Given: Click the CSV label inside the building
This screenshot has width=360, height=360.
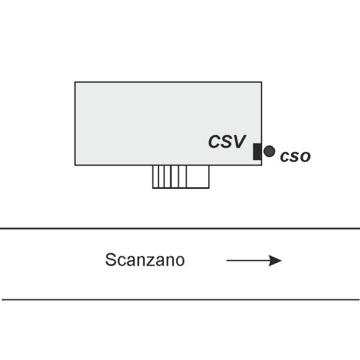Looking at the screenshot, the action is pos(227,142).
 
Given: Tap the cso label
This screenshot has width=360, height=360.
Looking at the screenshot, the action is pos(295,157).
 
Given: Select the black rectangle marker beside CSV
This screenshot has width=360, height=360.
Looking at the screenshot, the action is pos(257,152).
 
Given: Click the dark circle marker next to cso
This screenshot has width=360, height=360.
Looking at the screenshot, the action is pos(269,151).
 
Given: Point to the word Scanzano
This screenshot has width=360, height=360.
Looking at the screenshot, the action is pos(145,260).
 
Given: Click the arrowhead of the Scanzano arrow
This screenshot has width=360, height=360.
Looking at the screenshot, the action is pos(275,260).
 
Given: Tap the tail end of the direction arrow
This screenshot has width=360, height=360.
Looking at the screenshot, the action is pos(227,260).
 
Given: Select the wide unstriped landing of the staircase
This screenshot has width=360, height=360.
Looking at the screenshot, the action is pos(197,176).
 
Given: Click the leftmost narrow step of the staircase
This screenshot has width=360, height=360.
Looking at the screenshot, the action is pos(155,176).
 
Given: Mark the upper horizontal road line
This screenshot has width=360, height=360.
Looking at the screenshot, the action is pos(180,229).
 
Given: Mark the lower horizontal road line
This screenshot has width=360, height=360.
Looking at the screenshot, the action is pos(181,299).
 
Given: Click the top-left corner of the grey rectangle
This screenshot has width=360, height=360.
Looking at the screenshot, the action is pos(75,82).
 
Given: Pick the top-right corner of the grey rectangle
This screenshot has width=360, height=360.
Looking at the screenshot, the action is pos(262,82).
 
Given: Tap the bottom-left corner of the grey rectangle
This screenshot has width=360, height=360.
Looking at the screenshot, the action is pos(75,165).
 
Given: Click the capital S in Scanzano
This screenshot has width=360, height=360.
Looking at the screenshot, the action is pos(110,260).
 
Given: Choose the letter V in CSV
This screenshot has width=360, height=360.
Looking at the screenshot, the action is pos(239,142).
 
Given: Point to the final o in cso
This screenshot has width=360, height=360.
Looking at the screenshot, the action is pos(305,157).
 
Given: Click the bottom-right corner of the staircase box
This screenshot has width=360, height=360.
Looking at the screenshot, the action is pos(209,188).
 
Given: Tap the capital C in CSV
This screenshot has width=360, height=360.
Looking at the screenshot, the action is pos(214,142).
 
